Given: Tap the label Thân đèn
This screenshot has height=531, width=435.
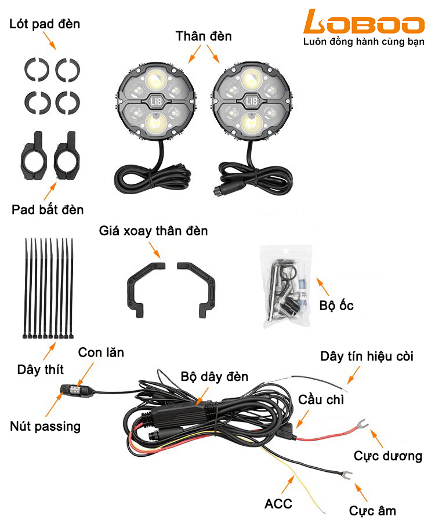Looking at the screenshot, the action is pos(204,36).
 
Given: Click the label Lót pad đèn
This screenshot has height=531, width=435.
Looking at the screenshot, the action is pos(45,24).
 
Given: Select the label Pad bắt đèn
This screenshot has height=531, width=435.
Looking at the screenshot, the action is pos(48,209).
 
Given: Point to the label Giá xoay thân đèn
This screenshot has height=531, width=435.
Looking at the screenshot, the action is pos(153,231).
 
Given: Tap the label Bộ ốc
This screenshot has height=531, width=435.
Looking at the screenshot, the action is pos(336,305).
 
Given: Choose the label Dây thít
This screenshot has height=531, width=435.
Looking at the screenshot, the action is pos(41,369).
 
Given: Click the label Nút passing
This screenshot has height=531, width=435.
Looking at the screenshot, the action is pos(45,427).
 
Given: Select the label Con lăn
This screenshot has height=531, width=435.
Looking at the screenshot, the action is pos(101,352).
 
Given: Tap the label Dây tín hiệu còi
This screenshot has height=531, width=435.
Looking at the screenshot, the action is pos(367,356).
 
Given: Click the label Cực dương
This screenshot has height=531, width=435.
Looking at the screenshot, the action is pos(388,456).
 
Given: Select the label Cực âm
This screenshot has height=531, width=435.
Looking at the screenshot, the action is pos(372,511).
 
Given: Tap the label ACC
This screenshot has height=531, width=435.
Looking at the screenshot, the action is pos(278,504).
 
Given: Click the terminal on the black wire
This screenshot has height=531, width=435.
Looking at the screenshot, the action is pos(346,475).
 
